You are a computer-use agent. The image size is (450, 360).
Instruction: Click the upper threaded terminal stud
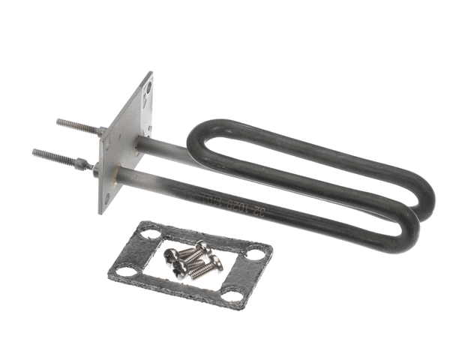tap(75, 124)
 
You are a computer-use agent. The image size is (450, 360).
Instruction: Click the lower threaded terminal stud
tap(54, 156)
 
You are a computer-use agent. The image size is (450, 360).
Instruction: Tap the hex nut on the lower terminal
tap(85, 164)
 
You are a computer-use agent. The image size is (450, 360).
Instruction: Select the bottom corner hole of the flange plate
tap(106, 199)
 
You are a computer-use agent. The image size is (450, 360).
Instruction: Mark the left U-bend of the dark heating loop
tap(196, 139)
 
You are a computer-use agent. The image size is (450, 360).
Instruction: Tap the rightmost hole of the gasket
tap(256, 254)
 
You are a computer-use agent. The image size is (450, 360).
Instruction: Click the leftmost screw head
tap(170, 254)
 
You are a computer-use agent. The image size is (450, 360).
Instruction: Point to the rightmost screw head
tap(217, 262)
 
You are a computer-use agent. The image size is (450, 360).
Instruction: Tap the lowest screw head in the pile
tap(180, 271)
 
